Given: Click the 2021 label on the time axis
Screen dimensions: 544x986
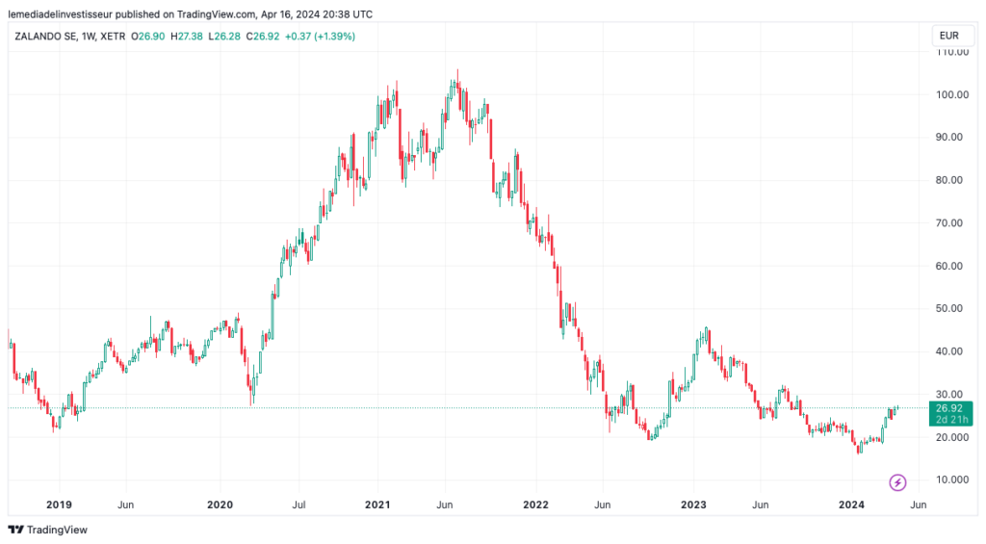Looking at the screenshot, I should pyautogui.click(x=377, y=504).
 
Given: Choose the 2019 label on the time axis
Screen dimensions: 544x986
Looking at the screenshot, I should pyautogui.click(x=60, y=504).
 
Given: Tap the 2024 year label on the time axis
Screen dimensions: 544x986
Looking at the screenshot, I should pyautogui.click(x=852, y=504).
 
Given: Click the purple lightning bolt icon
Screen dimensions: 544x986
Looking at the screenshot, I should pyautogui.click(x=897, y=481).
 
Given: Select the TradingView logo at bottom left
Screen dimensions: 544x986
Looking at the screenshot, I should pyautogui.click(x=47, y=530).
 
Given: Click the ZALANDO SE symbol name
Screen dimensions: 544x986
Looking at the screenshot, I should pyautogui.click(x=45, y=36).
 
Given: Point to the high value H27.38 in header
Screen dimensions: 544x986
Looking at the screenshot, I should pyautogui.click(x=190, y=36).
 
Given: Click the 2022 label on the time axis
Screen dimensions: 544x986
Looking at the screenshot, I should pyautogui.click(x=535, y=504).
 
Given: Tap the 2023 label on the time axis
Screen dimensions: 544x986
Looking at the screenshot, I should pyautogui.click(x=693, y=504).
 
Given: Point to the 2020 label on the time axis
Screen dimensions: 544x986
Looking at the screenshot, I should pyautogui.click(x=221, y=504).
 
